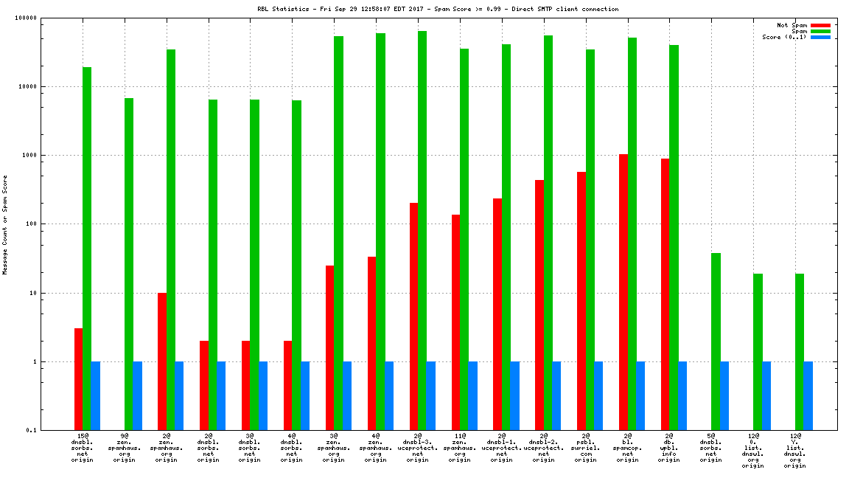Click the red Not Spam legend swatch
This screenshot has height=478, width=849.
tap(820, 25)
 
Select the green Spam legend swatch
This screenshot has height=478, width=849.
tap(820, 31)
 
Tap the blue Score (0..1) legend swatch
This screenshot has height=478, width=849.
tap(820, 37)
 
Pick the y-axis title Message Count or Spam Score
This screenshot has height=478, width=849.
tap(5, 224)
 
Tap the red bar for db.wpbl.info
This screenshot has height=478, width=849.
tap(665, 294)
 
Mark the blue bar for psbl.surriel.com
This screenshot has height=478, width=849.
tap(598, 395)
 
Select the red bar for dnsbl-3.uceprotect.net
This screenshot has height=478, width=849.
tap(413, 316)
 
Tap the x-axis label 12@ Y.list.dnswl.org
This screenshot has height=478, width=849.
tap(794, 451)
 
